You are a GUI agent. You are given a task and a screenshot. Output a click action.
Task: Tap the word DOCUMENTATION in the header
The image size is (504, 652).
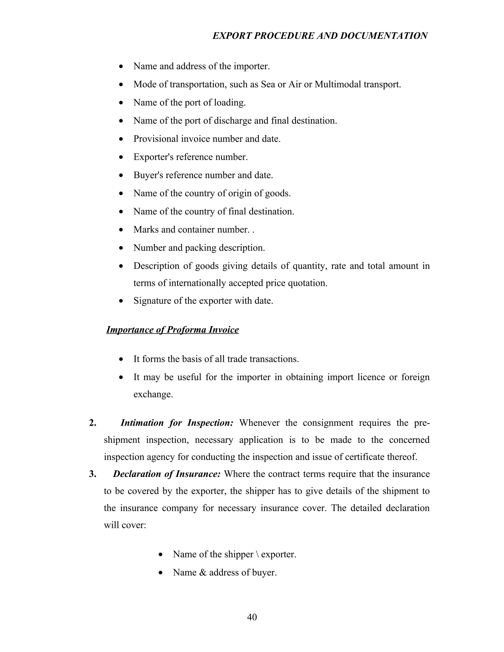pyautogui.click(x=384, y=36)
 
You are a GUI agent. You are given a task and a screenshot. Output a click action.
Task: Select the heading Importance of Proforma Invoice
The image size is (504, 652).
pyautogui.click(x=173, y=330)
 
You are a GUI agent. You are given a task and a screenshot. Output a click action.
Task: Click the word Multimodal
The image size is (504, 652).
pyautogui.click(x=337, y=84)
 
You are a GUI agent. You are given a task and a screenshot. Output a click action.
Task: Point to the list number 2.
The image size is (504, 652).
pyautogui.click(x=93, y=423)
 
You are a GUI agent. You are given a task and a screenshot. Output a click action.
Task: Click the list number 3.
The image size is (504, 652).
pyautogui.click(x=93, y=474)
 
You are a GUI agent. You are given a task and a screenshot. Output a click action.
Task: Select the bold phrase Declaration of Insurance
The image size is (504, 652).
pyautogui.click(x=167, y=474)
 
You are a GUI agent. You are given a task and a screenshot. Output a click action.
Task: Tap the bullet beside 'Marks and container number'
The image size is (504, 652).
pyautogui.click(x=121, y=230)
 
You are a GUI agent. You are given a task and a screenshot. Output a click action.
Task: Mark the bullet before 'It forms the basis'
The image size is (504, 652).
pyautogui.click(x=121, y=359)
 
